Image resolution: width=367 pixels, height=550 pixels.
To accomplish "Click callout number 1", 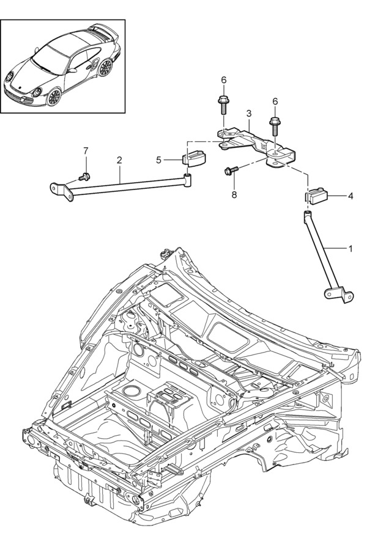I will click(x=350, y=248).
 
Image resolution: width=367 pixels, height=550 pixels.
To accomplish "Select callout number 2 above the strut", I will click(x=119, y=160).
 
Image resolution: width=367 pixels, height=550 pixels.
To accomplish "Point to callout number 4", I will click(x=350, y=197).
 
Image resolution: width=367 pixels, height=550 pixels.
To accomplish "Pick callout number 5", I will click(x=158, y=160).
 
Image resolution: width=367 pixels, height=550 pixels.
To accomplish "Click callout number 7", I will click(x=86, y=150).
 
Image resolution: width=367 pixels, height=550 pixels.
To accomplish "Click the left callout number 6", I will click(x=223, y=80).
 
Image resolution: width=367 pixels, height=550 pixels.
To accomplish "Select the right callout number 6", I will click(x=275, y=101).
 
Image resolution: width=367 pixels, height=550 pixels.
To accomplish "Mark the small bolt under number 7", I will click(x=84, y=177).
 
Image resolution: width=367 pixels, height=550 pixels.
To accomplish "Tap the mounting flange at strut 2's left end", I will click(x=60, y=189).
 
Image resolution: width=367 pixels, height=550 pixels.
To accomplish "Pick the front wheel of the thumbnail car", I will click(x=54, y=96).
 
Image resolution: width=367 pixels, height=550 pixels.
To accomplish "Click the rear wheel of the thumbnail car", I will click(x=105, y=67).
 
